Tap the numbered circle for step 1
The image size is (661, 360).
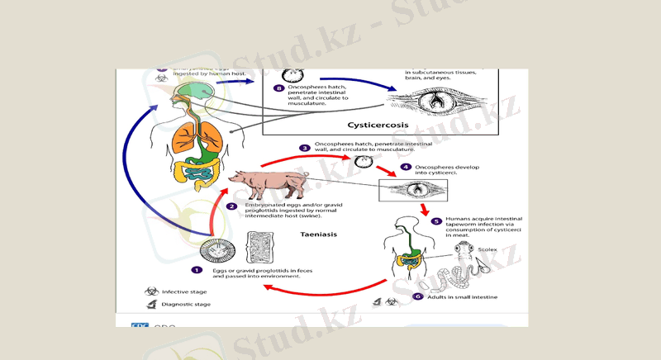click(x=197, y=269)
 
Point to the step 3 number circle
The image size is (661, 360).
click(x=305, y=148)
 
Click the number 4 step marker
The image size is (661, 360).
click(x=406, y=167)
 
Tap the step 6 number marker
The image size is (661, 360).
click(x=418, y=296)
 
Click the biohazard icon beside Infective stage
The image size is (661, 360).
click(x=152, y=291)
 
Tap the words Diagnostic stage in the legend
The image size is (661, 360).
click(x=187, y=305)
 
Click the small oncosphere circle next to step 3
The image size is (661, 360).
click(x=361, y=162)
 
